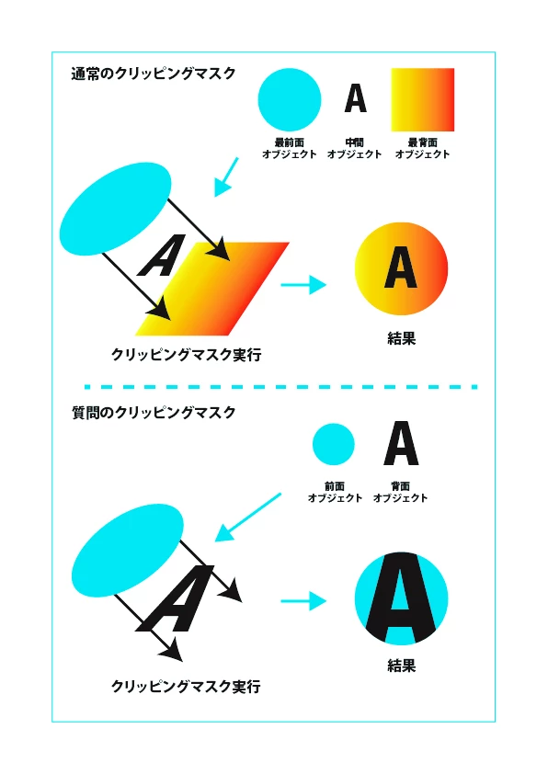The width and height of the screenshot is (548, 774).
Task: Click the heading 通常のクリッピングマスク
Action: [154, 74]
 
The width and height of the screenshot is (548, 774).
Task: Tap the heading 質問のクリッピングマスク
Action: [154, 412]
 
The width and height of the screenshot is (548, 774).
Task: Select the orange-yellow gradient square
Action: [423, 99]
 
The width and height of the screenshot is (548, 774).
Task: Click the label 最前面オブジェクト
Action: [290, 149]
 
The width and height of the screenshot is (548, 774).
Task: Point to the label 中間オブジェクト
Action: [355, 149]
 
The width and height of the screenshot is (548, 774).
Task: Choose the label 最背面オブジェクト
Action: [423, 149]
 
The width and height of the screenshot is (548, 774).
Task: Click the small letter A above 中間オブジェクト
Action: [356, 98]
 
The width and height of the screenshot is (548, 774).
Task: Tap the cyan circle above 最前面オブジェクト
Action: [290, 99]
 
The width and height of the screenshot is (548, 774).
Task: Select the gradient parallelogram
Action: [212, 289]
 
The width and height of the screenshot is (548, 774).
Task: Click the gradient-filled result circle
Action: [402, 268]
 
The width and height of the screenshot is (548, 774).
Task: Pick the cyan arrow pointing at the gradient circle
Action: [303, 285]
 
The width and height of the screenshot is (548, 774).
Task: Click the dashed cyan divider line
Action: [281, 386]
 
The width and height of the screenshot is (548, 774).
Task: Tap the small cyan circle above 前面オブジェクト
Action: [334, 444]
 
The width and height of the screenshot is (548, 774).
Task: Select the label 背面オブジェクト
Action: [400, 492]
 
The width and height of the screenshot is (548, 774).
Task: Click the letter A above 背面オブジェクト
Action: [402, 443]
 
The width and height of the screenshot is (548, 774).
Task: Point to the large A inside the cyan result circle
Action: [402, 598]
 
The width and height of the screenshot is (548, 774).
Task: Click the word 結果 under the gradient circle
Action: [402, 338]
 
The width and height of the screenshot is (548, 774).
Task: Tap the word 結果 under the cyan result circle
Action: [402, 666]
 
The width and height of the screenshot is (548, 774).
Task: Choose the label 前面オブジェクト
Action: [336, 492]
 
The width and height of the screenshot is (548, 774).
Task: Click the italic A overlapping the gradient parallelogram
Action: [163, 256]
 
